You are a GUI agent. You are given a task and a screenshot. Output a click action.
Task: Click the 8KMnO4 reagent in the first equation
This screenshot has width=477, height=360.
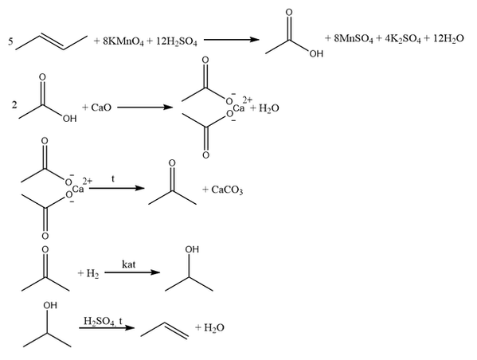[123, 41]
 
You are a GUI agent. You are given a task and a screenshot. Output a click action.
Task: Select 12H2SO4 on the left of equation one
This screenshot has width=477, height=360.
[177, 41]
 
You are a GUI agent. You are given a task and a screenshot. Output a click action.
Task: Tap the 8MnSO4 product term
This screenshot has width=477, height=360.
[354, 39]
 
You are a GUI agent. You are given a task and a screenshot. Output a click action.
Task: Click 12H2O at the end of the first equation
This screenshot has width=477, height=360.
[448, 39]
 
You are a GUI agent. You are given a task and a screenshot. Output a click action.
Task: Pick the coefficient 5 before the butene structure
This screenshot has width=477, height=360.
[10, 41]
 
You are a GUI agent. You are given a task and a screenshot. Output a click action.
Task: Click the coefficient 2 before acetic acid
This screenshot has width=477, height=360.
[14, 105]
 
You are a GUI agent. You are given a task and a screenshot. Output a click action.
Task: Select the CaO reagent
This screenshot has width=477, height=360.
[101, 108]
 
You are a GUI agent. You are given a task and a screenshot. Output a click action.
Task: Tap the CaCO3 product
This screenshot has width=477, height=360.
[227, 190]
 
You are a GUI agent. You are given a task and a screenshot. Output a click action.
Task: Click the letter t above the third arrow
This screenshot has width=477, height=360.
[113, 179]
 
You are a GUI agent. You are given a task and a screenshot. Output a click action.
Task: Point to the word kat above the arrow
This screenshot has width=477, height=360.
[129, 264]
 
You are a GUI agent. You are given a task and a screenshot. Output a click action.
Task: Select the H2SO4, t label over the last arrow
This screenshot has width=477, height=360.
[103, 321]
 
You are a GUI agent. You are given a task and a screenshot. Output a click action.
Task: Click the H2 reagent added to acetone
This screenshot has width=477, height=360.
[92, 273]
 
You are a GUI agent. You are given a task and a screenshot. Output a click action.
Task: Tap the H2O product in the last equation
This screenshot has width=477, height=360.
[214, 327]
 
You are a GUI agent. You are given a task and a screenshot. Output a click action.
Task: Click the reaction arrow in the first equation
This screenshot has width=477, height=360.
[231, 40]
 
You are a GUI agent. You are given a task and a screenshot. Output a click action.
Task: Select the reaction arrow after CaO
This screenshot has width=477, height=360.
[145, 108]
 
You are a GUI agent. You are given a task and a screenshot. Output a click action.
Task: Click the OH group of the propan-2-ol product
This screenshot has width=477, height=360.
[192, 249]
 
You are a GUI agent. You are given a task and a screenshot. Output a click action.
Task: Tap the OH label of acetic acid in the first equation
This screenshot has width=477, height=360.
[316, 54]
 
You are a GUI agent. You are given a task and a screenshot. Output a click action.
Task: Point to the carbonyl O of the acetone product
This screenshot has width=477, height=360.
[172, 163]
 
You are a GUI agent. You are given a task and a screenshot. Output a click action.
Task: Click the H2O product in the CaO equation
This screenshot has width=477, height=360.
[268, 108]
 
